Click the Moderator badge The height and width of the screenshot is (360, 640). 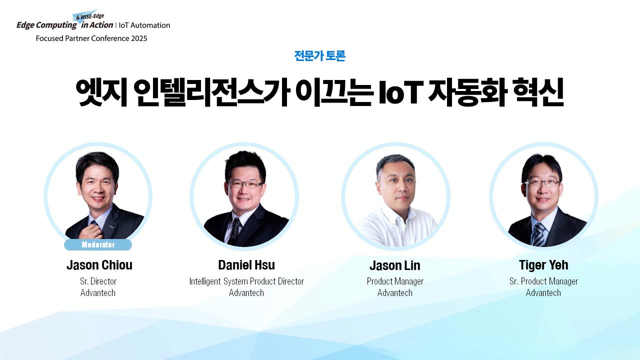(98, 244)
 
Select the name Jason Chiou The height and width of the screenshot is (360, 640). (99, 265)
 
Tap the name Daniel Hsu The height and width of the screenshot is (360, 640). (246, 265)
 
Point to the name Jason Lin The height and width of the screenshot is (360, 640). (395, 265)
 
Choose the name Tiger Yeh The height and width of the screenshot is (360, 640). (543, 265)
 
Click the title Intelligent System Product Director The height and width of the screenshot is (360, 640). (246, 281)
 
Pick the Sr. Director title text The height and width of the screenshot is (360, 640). (98, 281)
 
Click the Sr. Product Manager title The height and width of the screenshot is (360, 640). (543, 281)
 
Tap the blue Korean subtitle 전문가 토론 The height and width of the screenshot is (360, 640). (319, 55)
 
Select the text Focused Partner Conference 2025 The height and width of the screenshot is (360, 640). (91, 38)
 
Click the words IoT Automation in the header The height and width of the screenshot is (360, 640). (144, 25)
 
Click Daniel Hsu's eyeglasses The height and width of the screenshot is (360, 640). (245, 184)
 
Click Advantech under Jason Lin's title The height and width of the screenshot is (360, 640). (395, 293)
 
